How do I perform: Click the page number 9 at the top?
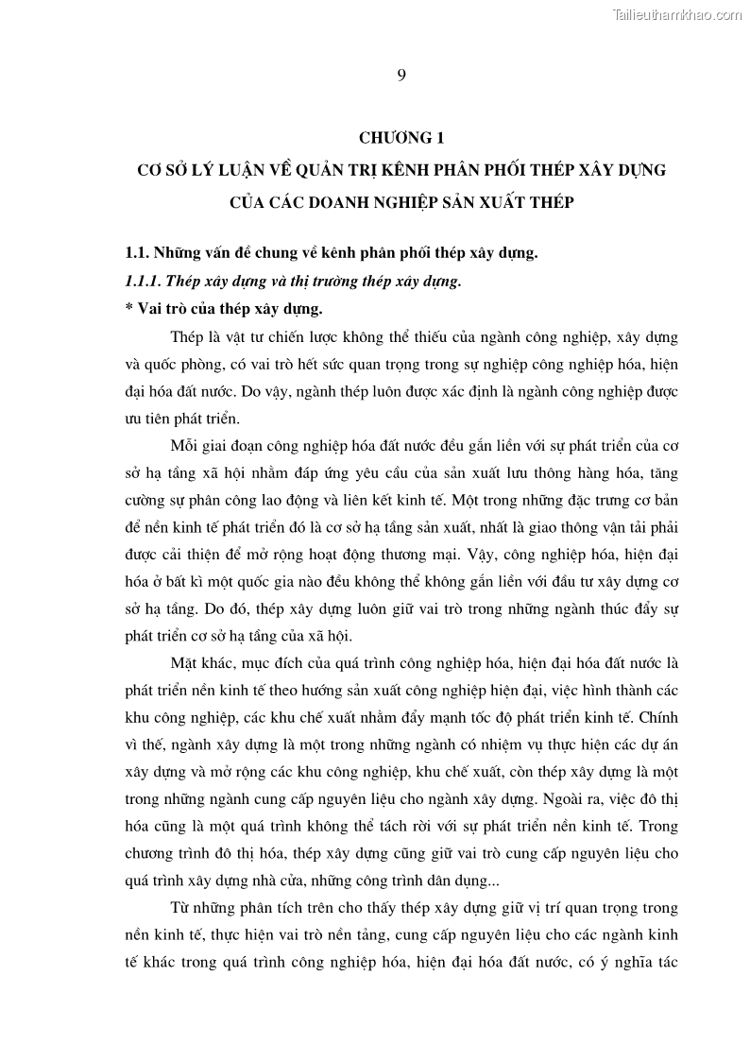coord(401,76)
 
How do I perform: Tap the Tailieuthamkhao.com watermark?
coord(677,14)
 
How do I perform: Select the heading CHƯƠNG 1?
coord(401,138)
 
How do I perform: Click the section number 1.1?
coord(137,252)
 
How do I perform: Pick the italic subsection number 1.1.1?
coord(145,281)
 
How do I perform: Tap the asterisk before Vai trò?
coord(128,308)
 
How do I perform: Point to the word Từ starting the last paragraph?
coord(179,909)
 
